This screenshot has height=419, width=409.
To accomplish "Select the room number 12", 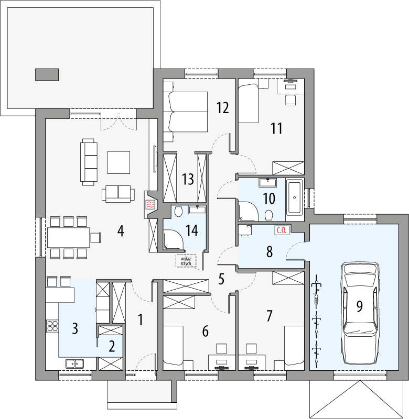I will click(222, 108).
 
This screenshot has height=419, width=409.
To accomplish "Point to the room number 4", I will click(121, 230).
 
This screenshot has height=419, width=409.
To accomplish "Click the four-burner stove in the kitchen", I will click(52, 326).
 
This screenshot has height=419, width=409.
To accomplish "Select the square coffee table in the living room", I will click(119, 162).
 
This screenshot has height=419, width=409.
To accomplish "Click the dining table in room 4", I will click(68, 237).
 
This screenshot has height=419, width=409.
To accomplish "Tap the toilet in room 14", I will click(179, 211).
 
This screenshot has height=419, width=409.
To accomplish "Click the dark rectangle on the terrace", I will click(47, 74).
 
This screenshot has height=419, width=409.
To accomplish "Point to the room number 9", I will click(359, 306).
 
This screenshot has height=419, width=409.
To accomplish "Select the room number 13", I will click(188, 180).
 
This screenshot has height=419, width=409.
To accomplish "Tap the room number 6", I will click(205, 331).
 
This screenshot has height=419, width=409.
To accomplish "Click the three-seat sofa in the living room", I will click(89, 161).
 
